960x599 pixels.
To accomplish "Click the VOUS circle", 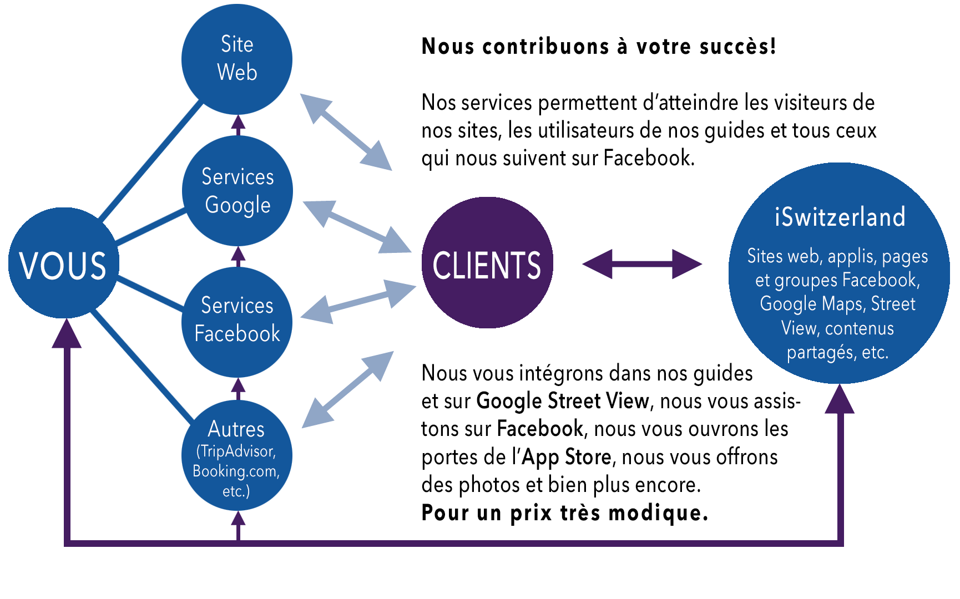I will click(63, 263).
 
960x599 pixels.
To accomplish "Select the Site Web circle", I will click(237, 58).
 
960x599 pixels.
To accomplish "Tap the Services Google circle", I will click(238, 191).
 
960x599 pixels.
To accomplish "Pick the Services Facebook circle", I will click(238, 321).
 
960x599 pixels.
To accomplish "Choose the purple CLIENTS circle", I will click(487, 263).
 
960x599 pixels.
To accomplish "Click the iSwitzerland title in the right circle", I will click(840, 217).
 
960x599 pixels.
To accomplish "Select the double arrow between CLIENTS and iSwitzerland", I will click(642, 264).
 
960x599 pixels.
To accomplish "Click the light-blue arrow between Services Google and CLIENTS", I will click(357, 227).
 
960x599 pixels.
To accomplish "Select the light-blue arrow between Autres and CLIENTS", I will click(348, 389).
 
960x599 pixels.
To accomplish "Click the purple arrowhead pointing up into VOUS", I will click(67, 334).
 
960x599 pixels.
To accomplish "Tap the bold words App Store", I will click(567, 457).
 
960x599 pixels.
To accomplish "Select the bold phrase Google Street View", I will click(562, 401).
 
